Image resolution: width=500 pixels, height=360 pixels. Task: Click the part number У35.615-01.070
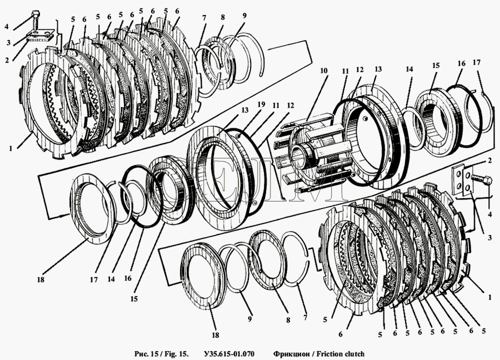(229, 353)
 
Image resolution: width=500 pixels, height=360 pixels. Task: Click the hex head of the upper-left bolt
(36, 13)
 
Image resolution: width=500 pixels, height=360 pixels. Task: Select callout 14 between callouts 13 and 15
(409, 70)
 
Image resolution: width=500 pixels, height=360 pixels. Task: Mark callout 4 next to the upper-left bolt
(7, 26)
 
